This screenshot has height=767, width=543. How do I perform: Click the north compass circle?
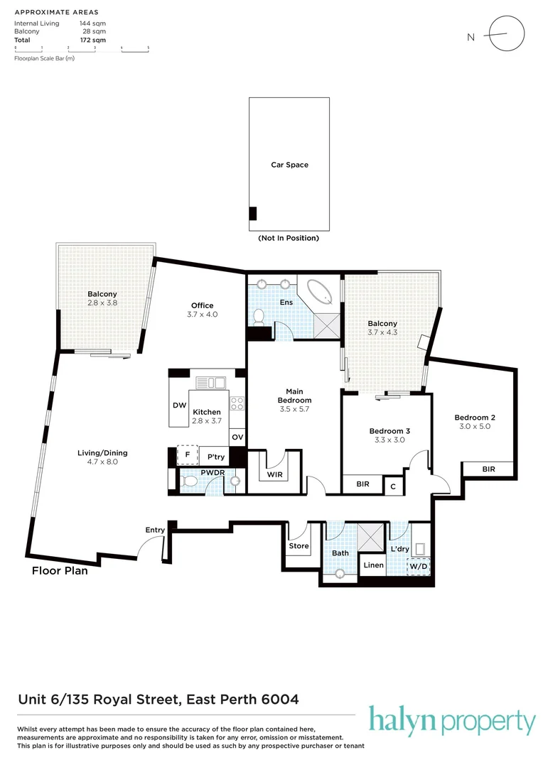507,33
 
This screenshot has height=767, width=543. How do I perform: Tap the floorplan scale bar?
81,48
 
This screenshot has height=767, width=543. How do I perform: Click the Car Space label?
289,165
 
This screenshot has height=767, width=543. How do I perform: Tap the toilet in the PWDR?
189,482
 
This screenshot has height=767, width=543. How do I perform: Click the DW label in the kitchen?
179,406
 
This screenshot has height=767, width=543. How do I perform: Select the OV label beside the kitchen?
237,437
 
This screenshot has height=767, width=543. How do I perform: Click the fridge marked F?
188,455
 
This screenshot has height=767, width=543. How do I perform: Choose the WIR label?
274,474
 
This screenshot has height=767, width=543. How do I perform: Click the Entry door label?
155,530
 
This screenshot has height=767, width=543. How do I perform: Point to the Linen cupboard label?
373,565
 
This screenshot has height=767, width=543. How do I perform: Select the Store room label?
299,546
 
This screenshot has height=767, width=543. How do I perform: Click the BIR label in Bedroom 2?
488,469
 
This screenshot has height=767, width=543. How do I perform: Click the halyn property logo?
451,722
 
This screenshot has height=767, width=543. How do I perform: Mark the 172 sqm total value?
93,40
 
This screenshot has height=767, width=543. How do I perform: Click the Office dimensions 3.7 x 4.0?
202,314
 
